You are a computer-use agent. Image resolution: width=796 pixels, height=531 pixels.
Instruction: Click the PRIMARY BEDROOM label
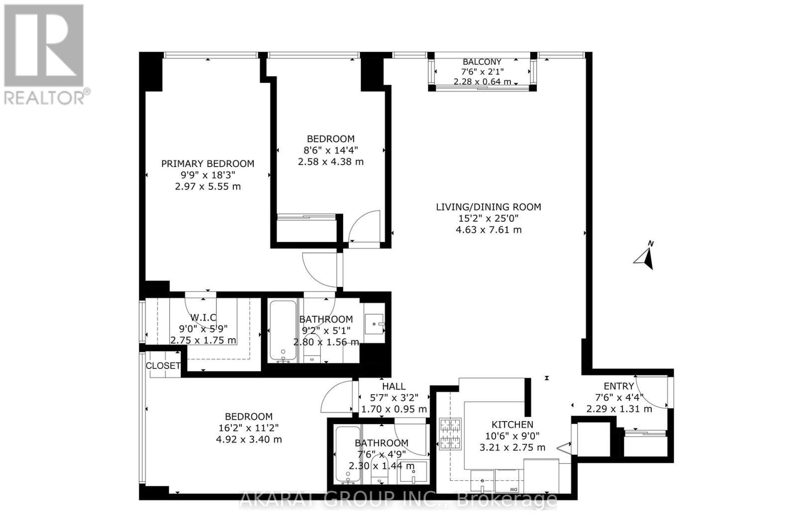click(x=207, y=164)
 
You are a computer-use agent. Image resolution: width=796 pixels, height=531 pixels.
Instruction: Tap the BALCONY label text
click(x=482, y=62)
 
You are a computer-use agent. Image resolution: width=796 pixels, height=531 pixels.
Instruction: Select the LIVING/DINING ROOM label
click(x=488, y=207)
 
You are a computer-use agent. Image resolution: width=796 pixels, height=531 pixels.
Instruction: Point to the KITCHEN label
click(x=512, y=425)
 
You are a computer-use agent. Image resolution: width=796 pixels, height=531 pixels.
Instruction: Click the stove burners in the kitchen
click(x=450, y=434)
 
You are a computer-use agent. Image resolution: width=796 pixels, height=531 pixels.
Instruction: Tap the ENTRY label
click(x=618, y=386)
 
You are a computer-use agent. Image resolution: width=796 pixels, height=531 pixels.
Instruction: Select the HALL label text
click(x=394, y=386)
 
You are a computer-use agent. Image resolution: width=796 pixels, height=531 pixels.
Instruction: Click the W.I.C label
click(x=203, y=318)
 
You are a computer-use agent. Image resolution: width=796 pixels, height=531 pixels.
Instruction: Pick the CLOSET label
click(x=163, y=365)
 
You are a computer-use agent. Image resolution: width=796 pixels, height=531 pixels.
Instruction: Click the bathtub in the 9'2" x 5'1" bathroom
click(x=282, y=331)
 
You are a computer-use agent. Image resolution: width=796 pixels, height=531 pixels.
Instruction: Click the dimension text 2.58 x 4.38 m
click(x=330, y=162)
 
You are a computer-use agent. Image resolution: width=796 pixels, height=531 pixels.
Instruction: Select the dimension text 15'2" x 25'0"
click(x=488, y=218)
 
